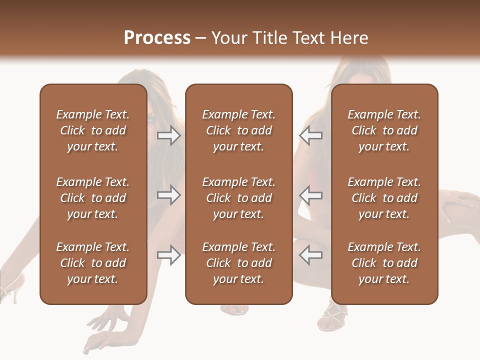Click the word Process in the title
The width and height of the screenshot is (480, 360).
point(157,38)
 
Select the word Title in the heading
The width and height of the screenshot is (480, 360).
point(269,38)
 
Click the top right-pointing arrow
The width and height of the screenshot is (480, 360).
point(168,135)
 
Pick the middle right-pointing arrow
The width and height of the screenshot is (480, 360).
point(168,195)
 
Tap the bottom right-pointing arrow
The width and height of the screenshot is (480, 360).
point(168,255)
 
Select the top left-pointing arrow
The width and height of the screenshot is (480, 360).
point(310,135)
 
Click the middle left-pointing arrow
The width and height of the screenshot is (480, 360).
point(310,195)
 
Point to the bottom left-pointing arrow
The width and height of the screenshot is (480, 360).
point(310,255)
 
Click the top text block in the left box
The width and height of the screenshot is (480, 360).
point(93,130)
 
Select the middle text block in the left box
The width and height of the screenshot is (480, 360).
point(93,198)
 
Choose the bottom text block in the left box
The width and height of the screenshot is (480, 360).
point(93,263)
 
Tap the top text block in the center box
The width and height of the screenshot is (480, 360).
point(238,130)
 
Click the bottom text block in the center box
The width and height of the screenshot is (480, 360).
point(238,263)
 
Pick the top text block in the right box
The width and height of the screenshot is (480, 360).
point(384,130)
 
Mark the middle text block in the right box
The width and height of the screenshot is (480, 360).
point(384,198)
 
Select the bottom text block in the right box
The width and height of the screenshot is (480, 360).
point(384,263)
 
